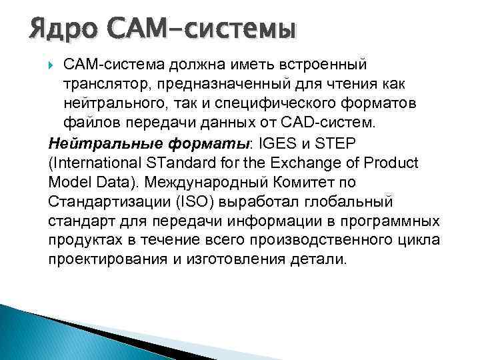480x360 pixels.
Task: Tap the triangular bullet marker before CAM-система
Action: point(54,65)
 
